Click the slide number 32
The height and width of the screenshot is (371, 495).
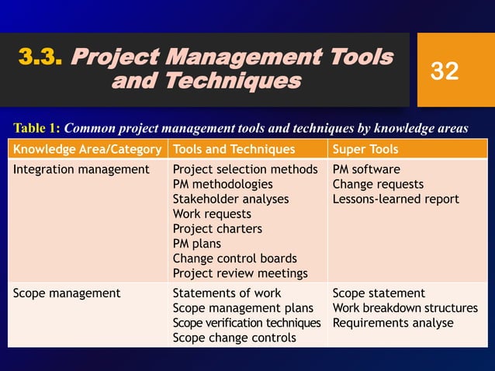coord(445,71)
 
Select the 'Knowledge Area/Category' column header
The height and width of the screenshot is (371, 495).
coord(87,149)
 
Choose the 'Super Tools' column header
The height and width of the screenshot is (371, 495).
coord(365,149)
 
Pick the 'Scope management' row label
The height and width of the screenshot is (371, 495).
coord(67,293)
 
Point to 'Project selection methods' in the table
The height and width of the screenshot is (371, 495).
coord(245,170)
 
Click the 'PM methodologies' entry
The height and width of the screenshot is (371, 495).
coord(223,185)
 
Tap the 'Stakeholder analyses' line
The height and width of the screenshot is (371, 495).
coord(230,199)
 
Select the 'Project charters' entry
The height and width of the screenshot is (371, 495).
coord(217,229)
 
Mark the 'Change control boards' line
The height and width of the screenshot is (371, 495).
coord(234,258)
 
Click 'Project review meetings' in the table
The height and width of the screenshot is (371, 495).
coord(240,273)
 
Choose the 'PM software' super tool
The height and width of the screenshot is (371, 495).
coord(366,170)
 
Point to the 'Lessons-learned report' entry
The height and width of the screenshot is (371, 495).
coord(396,199)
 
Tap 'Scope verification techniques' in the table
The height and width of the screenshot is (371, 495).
coord(246,323)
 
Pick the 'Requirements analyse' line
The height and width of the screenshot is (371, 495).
coord(393,323)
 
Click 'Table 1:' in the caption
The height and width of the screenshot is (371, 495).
coord(37,128)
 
